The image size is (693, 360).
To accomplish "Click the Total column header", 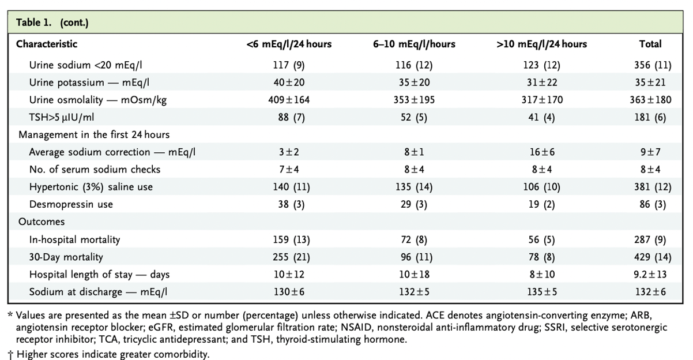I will (x=650, y=44).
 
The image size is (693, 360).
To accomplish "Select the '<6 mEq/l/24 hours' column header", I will (x=289, y=44).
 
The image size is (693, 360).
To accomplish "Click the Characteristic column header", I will (x=47, y=44).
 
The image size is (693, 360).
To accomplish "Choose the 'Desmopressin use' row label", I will (x=71, y=204).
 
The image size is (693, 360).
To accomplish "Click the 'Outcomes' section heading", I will (x=42, y=222).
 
